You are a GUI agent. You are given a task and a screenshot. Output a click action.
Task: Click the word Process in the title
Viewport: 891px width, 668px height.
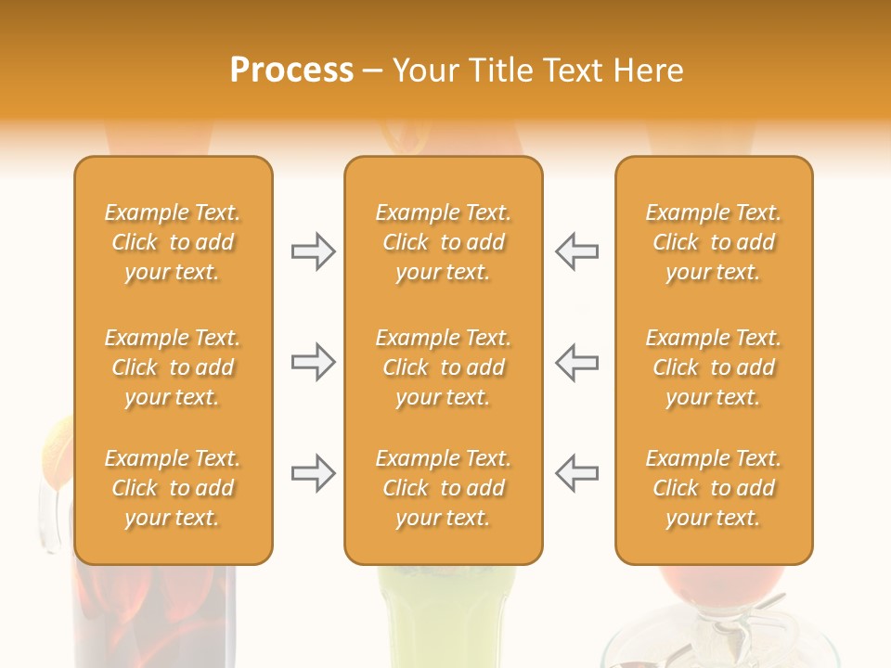pos(291,71)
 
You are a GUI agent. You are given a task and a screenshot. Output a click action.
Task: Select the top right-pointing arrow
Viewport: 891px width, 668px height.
pos(313,251)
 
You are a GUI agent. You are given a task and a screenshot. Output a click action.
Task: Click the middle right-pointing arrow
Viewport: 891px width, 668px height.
pos(313,362)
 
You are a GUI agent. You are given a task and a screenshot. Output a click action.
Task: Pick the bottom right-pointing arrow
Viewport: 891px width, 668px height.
pos(313,473)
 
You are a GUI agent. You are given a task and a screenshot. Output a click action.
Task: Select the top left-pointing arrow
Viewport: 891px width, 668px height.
pos(576,251)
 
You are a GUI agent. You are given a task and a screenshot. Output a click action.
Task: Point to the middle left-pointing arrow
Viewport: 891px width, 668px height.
pos(576,362)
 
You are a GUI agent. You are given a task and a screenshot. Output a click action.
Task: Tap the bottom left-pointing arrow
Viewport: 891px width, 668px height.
pos(576,473)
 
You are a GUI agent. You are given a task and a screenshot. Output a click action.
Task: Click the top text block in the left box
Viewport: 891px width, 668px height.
pos(173,242)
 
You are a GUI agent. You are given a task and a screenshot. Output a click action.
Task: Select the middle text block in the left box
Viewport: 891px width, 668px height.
pos(173,367)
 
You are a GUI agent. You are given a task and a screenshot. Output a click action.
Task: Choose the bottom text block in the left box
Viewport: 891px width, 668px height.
pos(173,488)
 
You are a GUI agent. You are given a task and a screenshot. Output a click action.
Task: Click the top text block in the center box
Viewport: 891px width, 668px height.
pos(443,242)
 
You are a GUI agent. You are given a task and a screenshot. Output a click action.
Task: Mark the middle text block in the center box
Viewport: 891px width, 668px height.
pos(443,367)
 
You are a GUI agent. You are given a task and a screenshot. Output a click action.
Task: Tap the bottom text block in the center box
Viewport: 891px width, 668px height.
pos(443,488)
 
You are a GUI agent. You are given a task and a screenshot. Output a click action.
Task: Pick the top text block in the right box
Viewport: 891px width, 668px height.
pos(713,242)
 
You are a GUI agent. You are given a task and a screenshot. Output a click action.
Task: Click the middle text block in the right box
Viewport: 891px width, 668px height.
pos(713,367)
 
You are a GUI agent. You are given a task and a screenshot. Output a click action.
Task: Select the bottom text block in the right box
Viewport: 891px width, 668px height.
pos(713,488)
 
